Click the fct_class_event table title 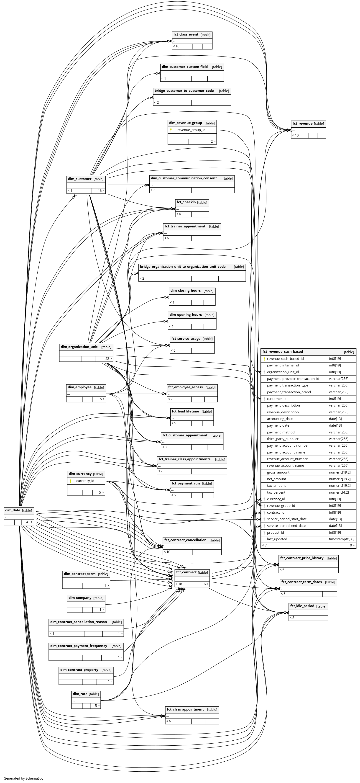click(186, 35)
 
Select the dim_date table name click(13, 510)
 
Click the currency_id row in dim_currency click(85, 481)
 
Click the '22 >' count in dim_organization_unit click(108, 359)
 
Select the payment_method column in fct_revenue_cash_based click(281, 432)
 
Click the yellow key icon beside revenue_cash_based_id click(264, 359)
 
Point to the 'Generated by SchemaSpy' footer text click(23, 778)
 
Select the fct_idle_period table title click(302, 606)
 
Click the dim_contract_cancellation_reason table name click(78, 622)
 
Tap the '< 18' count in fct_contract click(179, 584)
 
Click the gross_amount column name click(278, 472)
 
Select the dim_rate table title click(80, 694)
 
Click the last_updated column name click(277, 539)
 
